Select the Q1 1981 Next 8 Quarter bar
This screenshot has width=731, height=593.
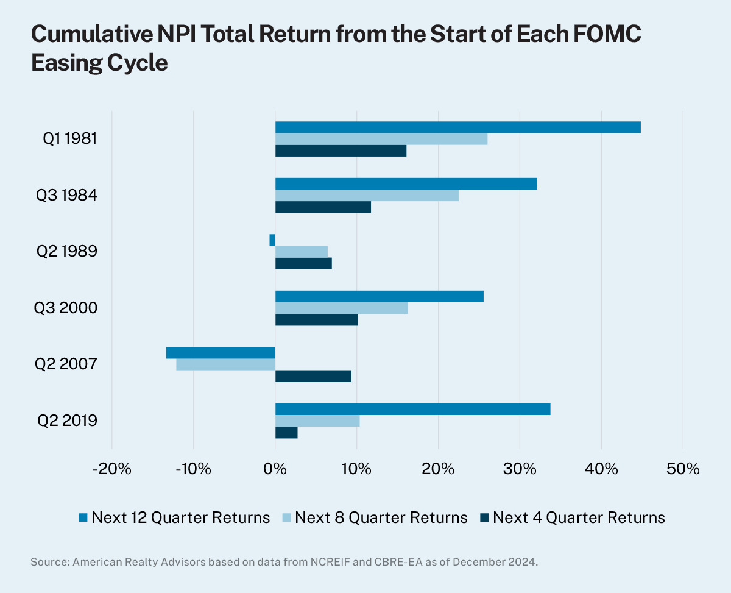click(381, 139)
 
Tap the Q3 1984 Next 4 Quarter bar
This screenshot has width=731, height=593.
click(323, 207)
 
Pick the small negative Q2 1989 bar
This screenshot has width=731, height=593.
click(272, 240)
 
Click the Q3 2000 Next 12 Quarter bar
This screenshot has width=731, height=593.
click(379, 297)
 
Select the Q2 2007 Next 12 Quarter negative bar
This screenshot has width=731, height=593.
click(221, 353)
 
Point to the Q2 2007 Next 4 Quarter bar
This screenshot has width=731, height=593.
click(313, 376)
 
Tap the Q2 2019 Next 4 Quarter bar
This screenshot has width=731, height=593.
click(286, 433)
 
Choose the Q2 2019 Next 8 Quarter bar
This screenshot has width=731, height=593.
click(317, 421)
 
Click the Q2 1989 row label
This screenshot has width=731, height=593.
click(66, 252)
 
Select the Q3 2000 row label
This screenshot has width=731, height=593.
click(66, 308)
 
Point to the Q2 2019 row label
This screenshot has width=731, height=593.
click(66, 421)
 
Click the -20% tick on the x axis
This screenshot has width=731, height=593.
click(112, 469)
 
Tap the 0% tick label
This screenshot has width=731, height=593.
click(275, 469)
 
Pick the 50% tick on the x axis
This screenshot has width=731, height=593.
click(683, 469)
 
